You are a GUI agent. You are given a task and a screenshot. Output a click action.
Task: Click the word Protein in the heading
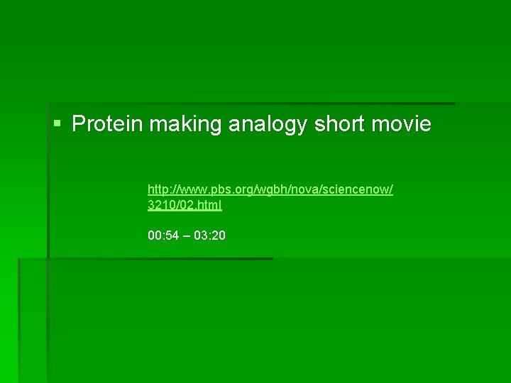(107, 125)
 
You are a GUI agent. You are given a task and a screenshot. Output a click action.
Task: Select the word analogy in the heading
(268, 125)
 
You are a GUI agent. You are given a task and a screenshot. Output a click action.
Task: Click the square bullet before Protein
(57, 125)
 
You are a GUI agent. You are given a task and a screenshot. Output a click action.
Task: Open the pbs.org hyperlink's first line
(270, 189)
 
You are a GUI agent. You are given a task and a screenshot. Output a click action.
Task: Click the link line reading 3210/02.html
(185, 205)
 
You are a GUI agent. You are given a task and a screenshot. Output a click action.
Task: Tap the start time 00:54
(163, 235)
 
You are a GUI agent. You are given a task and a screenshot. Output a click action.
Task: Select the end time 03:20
(210, 235)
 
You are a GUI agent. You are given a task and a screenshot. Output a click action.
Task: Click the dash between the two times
(186, 235)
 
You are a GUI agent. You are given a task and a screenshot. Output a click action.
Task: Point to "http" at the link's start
(158, 189)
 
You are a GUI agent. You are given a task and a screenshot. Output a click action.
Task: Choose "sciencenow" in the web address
(362, 189)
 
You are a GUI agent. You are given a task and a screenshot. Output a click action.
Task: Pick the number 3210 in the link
(160, 205)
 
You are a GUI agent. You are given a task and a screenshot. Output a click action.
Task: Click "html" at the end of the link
(210, 205)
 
